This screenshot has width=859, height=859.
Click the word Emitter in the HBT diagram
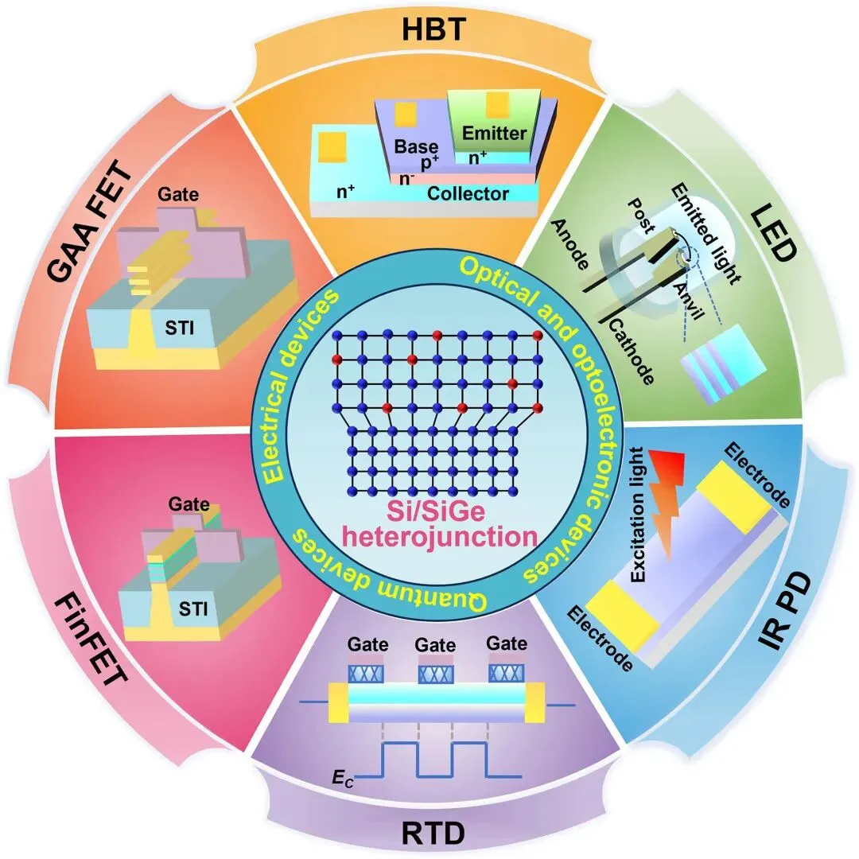pyautogui.click(x=493, y=133)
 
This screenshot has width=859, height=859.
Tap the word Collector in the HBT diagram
pyautogui.click(x=468, y=193)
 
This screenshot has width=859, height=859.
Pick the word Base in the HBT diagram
pyautogui.click(x=416, y=146)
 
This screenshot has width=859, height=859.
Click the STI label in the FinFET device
pyautogui.click(x=194, y=610)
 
